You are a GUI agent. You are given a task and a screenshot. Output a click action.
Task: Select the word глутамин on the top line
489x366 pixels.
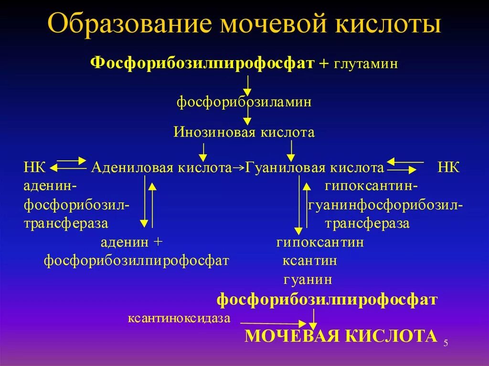[363, 64]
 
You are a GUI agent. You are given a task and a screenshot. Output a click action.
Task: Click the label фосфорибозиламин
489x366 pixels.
[244, 102]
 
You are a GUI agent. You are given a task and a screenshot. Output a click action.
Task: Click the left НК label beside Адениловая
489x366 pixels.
[34, 168]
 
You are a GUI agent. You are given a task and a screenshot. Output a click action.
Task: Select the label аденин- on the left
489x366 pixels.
[51, 186]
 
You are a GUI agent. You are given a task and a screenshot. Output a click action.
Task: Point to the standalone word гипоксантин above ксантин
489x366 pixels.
[320, 242]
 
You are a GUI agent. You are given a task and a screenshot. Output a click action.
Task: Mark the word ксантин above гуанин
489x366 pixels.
[309, 261]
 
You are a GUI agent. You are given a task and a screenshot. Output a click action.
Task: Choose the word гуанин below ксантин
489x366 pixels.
[308, 280]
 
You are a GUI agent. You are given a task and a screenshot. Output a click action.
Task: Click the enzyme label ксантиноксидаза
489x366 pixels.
[179, 318]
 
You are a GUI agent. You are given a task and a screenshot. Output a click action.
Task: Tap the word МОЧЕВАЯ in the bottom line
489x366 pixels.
[293, 336]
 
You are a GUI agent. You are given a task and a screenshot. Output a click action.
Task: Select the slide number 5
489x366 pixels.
[446, 343]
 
